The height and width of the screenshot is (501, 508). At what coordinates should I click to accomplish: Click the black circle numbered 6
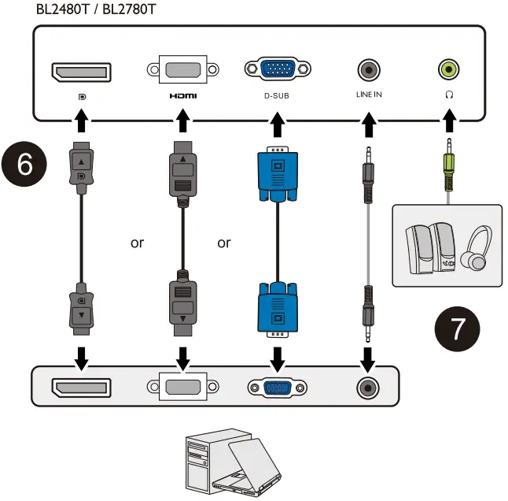coord(24,164)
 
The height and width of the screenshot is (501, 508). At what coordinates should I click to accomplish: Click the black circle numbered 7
coord(457,328)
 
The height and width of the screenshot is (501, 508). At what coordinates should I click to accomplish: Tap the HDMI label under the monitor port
coord(183,96)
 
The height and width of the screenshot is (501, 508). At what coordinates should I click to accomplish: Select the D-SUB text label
coord(276,96)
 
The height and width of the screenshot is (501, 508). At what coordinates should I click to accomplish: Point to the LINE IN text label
coord(369,95)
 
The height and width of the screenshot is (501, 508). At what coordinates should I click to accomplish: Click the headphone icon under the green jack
coord(449,95)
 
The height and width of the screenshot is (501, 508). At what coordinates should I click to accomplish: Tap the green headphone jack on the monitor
coord(449,69)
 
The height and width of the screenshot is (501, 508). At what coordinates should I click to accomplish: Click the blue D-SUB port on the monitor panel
coord(278,69)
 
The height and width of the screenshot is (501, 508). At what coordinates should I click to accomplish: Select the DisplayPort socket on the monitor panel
coord(81,72)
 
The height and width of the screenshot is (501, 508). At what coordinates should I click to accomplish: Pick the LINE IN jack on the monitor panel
coord(369,70)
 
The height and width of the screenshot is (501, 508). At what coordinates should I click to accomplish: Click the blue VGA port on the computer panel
coord(278,388)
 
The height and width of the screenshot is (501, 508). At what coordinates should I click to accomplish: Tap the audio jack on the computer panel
coord(368,388)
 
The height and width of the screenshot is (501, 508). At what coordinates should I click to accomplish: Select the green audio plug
coord(449,169)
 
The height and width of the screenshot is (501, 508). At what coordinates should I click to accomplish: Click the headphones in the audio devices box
coord(476,249)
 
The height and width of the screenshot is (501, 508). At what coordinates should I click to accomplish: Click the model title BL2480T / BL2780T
coord(96,9)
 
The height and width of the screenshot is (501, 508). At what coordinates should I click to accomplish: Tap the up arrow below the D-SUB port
coord(278,124)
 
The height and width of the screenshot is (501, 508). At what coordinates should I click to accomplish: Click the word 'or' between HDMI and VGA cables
coord(224,243)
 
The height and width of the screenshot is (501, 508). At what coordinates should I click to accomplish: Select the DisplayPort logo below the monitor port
coord(83,97)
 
